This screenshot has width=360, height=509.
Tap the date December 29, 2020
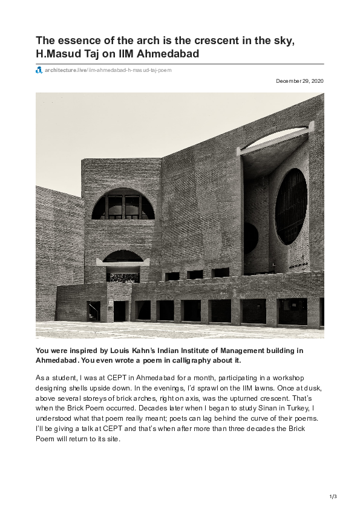(x=299, y=81)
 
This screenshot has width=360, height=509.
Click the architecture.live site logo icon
(x=39, y=70)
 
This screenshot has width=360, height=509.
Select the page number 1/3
(x=333, y=496)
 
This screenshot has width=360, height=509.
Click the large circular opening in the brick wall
(x=290, y=206)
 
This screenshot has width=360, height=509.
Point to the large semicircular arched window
(x=123, y=204)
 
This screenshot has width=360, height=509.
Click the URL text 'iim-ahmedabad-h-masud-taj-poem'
(x=130, y=70)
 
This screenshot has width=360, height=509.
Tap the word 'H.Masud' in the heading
(x=59, y=55)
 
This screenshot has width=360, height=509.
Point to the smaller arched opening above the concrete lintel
(x=123, y=256)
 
